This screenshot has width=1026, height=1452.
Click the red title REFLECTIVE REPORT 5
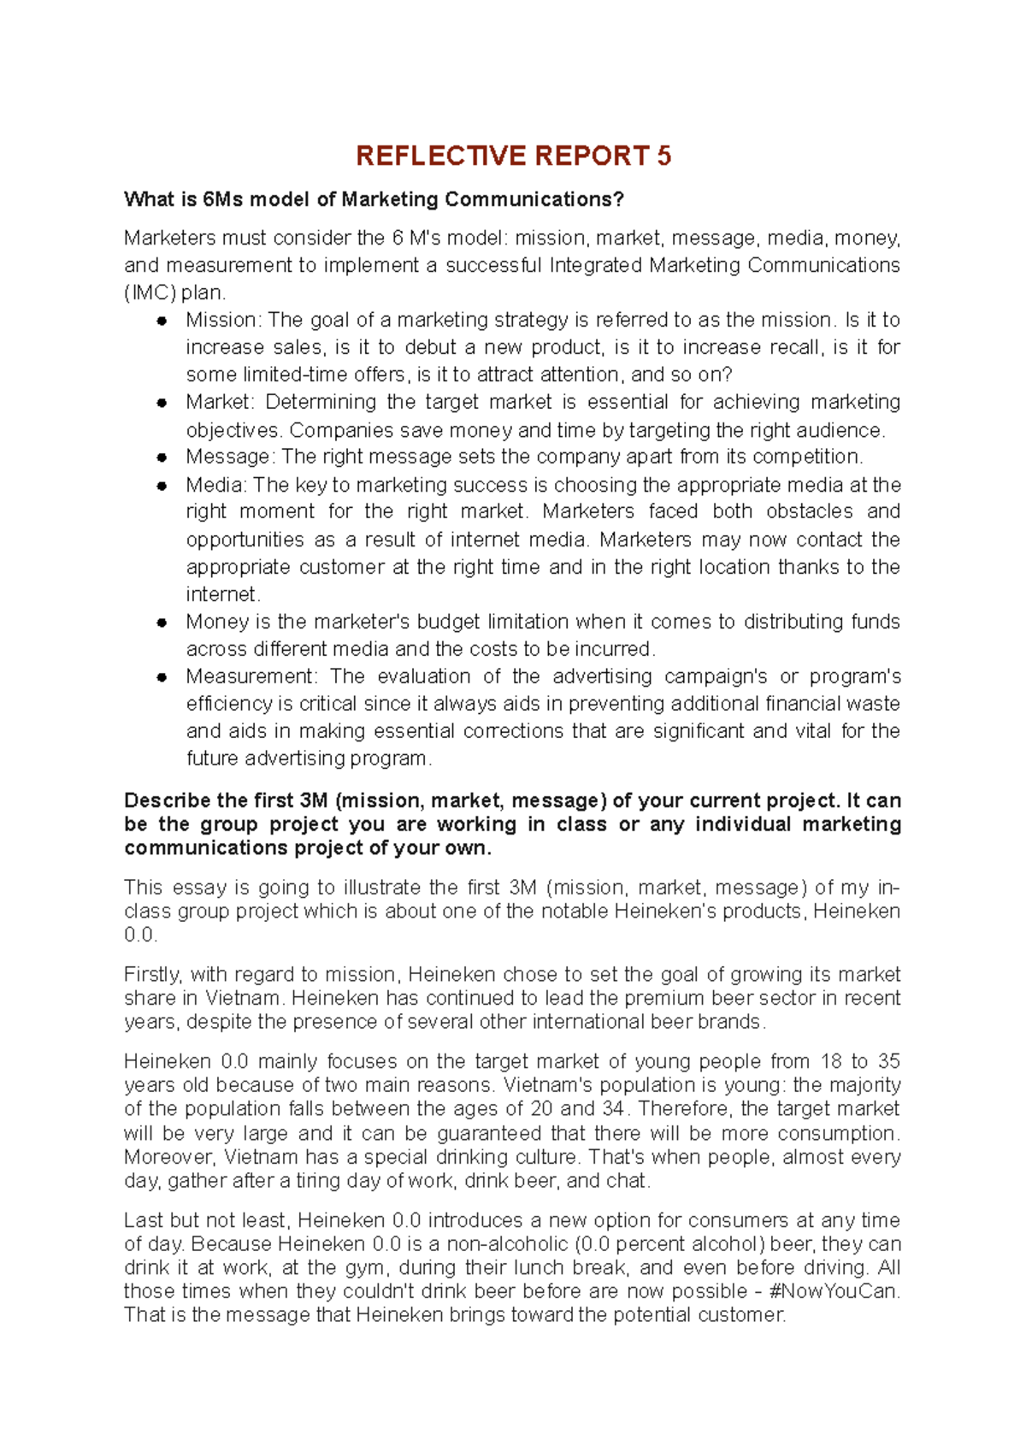coord(513,156)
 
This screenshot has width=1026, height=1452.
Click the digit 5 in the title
coord(664,156)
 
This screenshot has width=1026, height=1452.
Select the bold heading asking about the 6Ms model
coord(374,199)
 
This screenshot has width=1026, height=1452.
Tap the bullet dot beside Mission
coord(161,321)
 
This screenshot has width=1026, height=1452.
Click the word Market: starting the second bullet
coord(220,402)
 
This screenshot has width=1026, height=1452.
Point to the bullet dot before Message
coord(161,457)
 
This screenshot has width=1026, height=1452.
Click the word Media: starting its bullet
coord(216,485)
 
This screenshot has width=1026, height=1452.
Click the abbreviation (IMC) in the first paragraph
coord(150,292)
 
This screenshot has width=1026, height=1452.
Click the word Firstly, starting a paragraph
coord(152,975)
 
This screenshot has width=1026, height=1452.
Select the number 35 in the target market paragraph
coord(889,1061)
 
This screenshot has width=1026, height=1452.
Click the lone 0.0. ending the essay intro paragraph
coord(141,936)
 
